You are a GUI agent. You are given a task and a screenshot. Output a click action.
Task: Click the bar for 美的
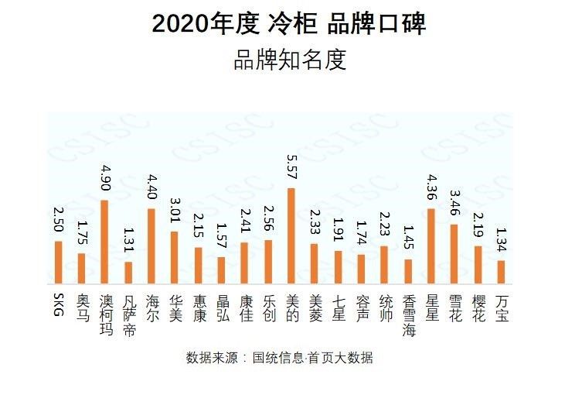pyautogui.click(x=291, y=236)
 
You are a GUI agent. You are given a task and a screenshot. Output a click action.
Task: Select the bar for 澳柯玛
pyautogui.click(x=104, y=242)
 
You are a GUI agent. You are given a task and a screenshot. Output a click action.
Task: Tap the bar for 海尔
pyautogui.click(x=151, y=246)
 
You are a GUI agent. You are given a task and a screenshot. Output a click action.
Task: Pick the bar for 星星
pyautogui.click(x=431, y=246)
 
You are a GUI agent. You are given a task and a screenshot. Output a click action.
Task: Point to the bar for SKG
pyautogui.click(x=58, y=263)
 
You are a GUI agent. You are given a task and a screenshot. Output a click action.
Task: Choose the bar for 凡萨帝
pyautogui.click(x=128, y=273)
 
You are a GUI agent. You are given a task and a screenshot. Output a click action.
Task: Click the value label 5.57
pyautogui.click(x=291, y=166)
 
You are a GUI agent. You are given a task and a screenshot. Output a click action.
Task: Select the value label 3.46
pyautogui.click(x=455, y=203)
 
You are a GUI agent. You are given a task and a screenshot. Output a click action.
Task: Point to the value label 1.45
pyautogui.click(x=408, y=238)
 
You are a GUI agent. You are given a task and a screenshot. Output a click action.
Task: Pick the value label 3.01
pyautogui.click(x=175, y=210)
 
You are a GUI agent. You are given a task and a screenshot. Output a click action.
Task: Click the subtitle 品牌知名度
pyautogui.click(x=290, y=60)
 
